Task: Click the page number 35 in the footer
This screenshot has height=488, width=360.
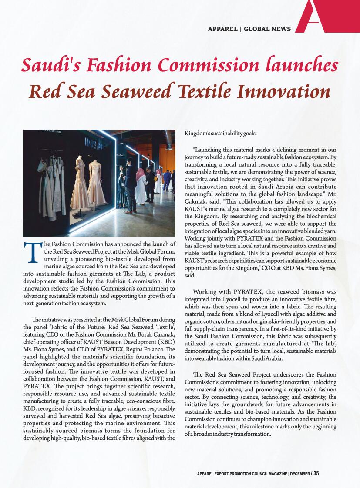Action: click(x=316, y=473)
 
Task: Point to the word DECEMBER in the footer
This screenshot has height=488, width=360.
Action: click(x=299, y=474)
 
